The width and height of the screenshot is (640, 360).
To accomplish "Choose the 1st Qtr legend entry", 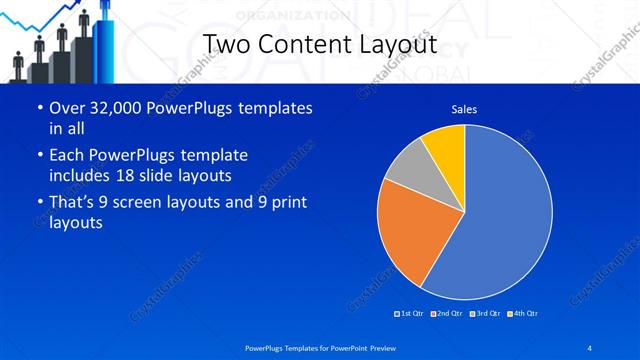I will [410, 314].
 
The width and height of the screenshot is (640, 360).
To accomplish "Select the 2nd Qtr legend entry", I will [446, 314].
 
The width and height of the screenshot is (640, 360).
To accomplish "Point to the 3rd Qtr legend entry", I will [485, 314].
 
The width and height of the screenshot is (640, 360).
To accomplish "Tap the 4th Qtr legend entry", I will [522, 314].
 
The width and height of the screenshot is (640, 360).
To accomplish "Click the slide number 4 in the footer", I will [589, 347].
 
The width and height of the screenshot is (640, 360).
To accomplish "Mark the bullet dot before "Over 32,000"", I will [38, 108].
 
